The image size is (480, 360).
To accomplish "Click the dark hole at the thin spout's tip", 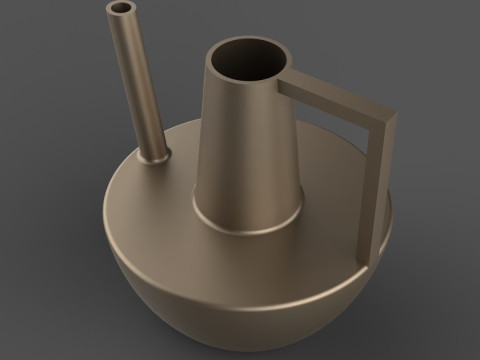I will (x=120, y=9).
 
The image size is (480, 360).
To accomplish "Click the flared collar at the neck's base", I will (x=250, y=222).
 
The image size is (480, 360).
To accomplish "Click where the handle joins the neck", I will (x=286, y=84).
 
